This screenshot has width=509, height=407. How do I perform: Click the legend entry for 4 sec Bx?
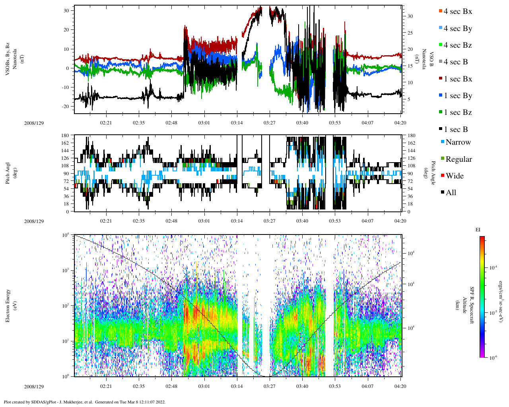click(458, 12)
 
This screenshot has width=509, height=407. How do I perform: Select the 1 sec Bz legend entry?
click(458, 112)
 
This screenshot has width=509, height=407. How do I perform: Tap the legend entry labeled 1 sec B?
click(456, 130)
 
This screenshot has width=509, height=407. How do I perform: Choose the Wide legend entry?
click(455, 176)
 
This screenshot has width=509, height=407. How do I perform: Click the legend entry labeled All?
click(451, 193)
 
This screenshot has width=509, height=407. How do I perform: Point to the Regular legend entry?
click(458, 159)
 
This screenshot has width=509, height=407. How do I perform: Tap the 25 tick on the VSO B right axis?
click(410, 33)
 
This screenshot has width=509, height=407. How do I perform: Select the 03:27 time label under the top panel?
click(269, 123)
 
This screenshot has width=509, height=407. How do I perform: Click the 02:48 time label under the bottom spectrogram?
click(171, 386)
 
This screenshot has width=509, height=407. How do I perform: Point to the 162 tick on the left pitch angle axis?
click(66, 143)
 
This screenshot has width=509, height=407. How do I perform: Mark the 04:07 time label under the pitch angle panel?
click(367, 221)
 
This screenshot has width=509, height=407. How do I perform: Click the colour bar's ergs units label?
click(501, 297)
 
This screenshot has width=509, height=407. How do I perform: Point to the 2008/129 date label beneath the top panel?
click(34, 123)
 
